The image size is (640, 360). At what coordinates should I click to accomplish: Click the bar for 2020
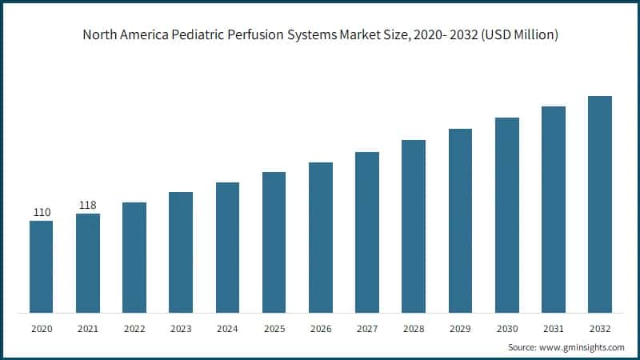42,266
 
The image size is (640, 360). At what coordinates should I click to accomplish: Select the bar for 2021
88,262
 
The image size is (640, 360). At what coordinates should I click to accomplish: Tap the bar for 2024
227,247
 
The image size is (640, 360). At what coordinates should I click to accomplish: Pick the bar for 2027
367,232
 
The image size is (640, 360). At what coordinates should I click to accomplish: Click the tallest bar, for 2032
600,204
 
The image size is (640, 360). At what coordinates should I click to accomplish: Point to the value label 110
42,212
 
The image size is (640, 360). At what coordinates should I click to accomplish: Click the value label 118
88,206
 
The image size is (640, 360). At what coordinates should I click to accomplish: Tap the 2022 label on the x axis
134,329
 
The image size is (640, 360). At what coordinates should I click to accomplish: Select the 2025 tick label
274,329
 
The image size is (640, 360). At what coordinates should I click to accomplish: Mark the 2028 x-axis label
414,329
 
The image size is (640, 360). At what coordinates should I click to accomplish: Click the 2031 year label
553,329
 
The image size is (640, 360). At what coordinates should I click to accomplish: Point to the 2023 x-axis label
181,329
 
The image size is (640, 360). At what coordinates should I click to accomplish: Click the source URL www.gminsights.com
581,347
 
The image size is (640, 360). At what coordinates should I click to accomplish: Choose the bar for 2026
321,237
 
